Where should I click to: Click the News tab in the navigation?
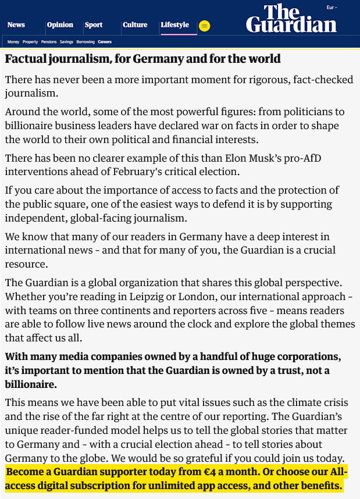click(x=16, y=25)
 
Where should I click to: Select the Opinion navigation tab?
click(x=60, y=25)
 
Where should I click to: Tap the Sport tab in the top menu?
click(x=94, y=25)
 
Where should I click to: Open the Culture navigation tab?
click(x=135, y=25)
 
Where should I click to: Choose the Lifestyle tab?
click(x=174, y=25)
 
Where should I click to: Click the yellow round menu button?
click(x=204, y=26)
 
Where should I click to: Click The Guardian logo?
click(x=291, y=19)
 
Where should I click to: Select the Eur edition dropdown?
click(x=332, y=8)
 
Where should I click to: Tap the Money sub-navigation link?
click(x=13, y=42)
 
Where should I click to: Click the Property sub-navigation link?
click(x=30, y=42)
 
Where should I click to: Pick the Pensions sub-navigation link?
click(x=49, y=42)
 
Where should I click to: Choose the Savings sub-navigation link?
click(x=66, y=42)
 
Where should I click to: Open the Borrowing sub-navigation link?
click(x=85, y=42)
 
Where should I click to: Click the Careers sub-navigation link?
click(x=105, y=42)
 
